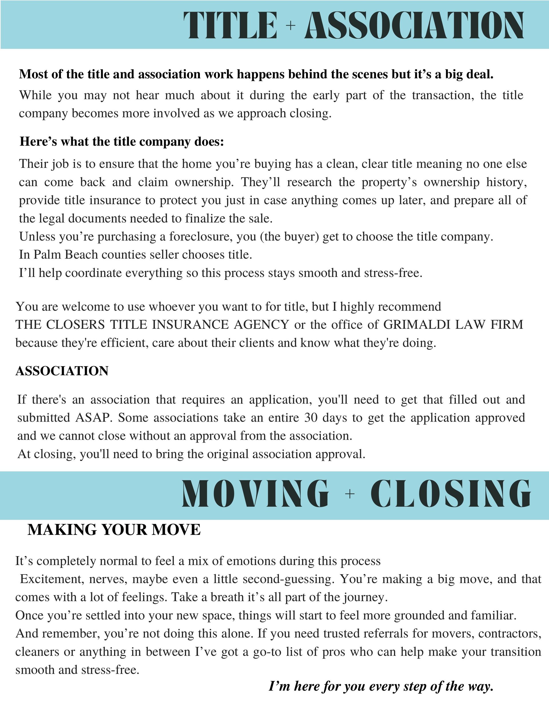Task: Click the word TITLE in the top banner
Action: click(x=230, y=25)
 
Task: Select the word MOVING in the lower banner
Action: click(x=255, y=494)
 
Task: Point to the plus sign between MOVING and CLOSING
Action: click(x=350, y=494)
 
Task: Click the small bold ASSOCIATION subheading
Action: click(x=62, y=371)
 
